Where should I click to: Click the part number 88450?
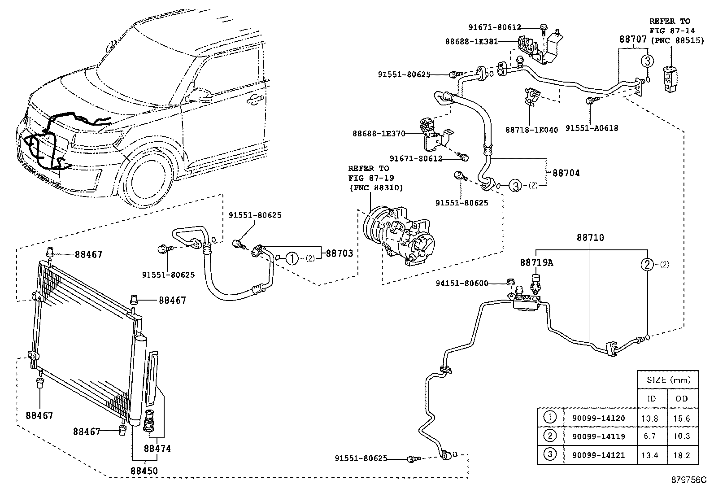pyautogui.click(x=144, y=471)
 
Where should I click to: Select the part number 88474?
pyautogui.click(x=157, y=448)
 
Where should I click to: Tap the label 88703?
pyautogui.click(x=339, y=253)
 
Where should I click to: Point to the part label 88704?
pyautogui.click(x=566, y=173)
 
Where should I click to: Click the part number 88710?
pyautogui.click(x=591, y=238)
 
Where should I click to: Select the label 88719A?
pyautogui.click(x=536, y=262)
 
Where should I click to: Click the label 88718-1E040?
pyautogui.click(x=531, y=130)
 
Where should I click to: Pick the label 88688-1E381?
pyautogui.click(x=471, y=41)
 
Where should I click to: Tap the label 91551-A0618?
pyautogui.click(x=592, y=128)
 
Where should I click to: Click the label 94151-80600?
pyautogui.click(x=462, y=283)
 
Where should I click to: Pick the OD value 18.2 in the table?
pyautogui.click(x=681, y=455)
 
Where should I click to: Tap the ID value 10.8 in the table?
pyautogui.click(x=650, y=418)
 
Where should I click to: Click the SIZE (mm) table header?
pyautogui.click(x=668, y=380)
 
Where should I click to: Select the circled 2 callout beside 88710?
pyautogui.click(x=648, y=265)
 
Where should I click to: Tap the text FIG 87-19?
pyautogui.click(x=369, y=178)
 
